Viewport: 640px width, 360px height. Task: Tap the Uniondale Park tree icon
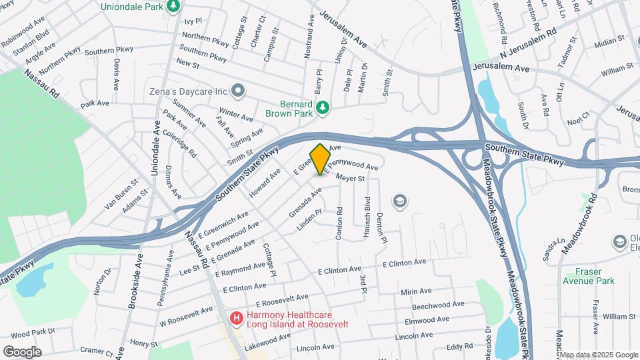pos(173,6)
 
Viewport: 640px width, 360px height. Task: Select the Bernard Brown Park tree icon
pos(323,106)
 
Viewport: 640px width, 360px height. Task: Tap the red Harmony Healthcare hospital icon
pos(235,319)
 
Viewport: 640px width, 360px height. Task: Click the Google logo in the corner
pos(22,351)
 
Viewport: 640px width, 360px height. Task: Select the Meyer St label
pos(350,178)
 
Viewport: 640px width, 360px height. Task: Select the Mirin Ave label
pos(413,292)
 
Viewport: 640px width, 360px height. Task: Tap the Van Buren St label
pos(121,193)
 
